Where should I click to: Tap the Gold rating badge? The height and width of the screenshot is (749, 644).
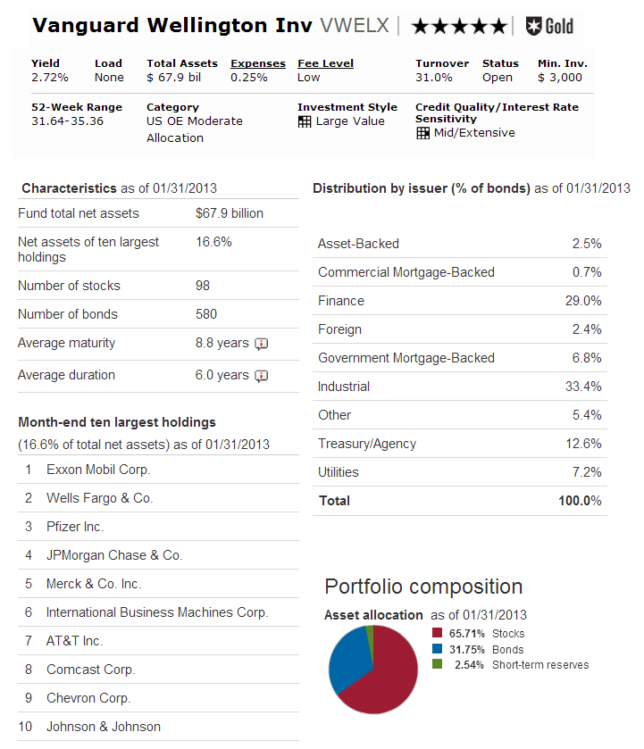(x=549, y=25)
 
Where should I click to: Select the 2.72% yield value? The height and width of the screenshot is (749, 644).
(x=49, y=78)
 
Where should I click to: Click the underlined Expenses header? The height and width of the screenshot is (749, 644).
(x=257, y=63)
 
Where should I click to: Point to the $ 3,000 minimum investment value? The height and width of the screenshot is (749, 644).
(x=559, y=78)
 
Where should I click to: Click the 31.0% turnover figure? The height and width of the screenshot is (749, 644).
(x=433, y=78)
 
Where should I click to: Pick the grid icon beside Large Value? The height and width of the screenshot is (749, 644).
(x=305, y=121)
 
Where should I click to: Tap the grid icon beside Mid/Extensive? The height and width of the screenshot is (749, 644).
(x=422, y=133)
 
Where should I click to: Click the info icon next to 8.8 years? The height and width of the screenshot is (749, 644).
(x=261, y=344)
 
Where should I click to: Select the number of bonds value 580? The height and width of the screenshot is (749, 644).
(x=206, y=314)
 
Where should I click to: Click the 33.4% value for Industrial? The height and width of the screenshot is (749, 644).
(x=584, y=387)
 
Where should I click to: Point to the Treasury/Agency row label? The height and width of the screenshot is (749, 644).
(x=366, y=444)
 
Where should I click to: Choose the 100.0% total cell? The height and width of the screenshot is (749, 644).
(x=580, y=501)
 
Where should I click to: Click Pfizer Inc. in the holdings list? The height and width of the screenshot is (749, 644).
(x=75, y=527)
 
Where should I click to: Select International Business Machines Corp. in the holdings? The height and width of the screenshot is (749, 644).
(x=156, y=612)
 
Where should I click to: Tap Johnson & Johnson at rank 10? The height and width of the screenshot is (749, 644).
(x=104, y=727)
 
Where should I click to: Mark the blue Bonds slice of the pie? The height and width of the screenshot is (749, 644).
(x=347, y=661)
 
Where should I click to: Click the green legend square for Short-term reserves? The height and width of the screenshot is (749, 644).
(x=437, y=664)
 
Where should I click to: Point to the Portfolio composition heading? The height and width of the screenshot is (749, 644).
(x=423, y=587)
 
